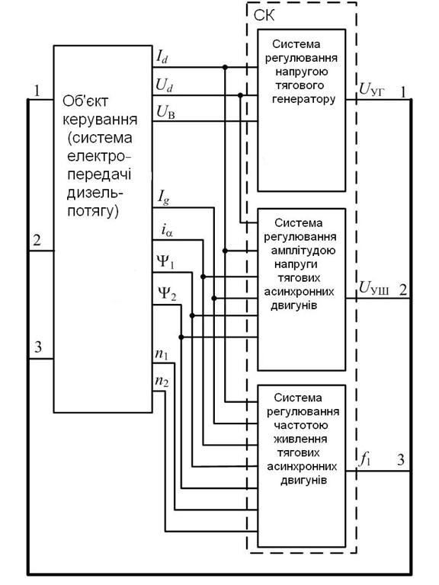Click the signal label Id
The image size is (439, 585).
pyautogui.click(x=162, y=57)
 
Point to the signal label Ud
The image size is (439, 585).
pyautogui.click(x=165, y=85)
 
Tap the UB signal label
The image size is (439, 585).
pyautogui.click(x=165, y=111)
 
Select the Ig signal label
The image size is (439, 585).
pyautogui.click(x=163, y=197)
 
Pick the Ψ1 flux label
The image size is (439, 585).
pyautogui.click(x=165, y=261)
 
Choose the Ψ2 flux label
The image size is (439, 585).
pyautogui.click(x=166, y=293)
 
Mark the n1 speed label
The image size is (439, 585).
pyautogui.click(x=162, y=354)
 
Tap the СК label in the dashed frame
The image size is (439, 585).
pyautogui.click(x=264, y=16)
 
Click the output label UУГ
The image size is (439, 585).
pyautogui.click(x=371, y=90)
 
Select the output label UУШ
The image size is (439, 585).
pyautogui.click(x=373, y=288)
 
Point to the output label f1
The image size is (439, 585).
pyautogui.click(x=365, y=460)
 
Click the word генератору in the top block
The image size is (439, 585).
pyautogui.click(x=304, y=99)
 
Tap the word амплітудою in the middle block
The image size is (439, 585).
pyautogui.click(x=303, y=251)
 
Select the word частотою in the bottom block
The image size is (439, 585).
pyautogui.click(x=301, y=425)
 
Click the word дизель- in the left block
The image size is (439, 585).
pyautogui.click(x=95, y=193)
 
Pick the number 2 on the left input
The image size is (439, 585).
pyautogui.click(x=37, y=240)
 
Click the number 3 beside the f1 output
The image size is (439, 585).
pyautogui.click(x=401, y=460)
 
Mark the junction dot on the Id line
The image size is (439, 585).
pyautogui.click(x=225, y=67)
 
